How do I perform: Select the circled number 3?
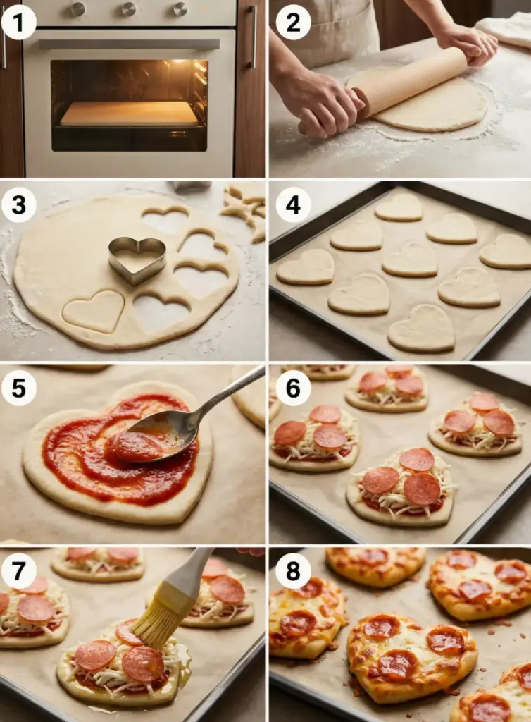click(x=18, y=205)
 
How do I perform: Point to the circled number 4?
click(x=293, y=205)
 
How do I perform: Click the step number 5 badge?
click(x=18, y=388)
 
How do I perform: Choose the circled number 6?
click(x=293, y=388)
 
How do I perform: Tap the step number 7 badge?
click(x=18, y=571)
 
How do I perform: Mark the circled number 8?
click(x=293, y=571)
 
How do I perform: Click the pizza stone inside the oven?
click(x=129, y=114)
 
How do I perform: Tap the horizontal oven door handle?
click(x=129, y=44)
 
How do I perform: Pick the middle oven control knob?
click(x=128, y=8)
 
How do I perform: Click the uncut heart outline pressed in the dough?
click(x=94, y=311)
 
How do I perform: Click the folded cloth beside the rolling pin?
click(x=506, y=30)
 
